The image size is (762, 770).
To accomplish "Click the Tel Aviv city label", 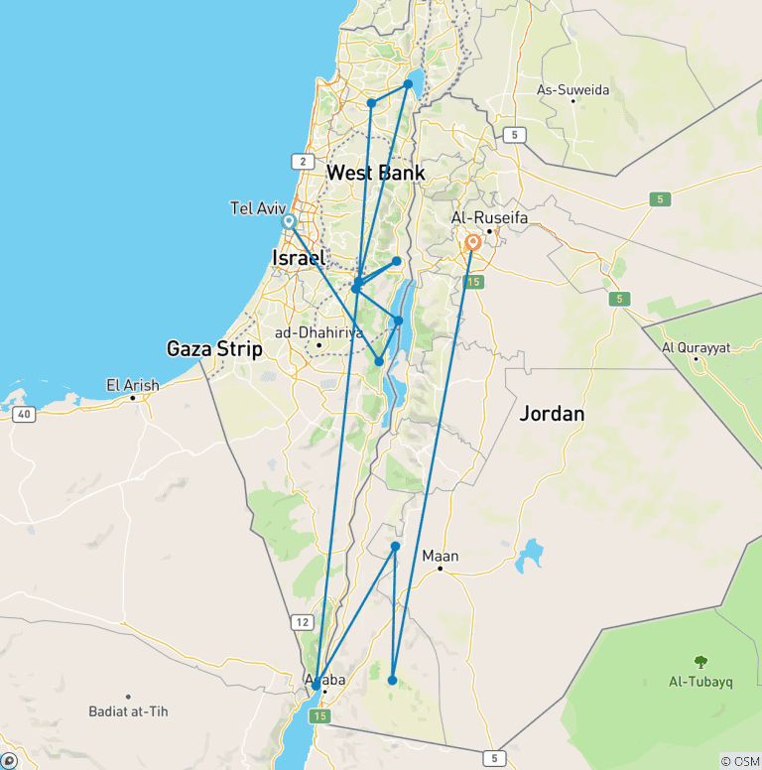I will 258,208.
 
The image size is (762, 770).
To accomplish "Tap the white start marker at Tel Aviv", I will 288,222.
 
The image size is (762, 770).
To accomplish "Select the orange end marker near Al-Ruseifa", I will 473,242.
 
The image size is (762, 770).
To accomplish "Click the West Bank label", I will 376,174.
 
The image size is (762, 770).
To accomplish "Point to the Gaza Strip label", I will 214,349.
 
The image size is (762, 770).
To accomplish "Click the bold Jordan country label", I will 552,414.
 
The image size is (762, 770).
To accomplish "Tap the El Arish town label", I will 132,385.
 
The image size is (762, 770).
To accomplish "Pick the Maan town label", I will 441,556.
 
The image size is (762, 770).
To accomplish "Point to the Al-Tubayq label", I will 701,682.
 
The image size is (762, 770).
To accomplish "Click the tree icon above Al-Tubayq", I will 701,662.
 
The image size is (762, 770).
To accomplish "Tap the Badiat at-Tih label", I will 129,710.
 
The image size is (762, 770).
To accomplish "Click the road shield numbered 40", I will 25,414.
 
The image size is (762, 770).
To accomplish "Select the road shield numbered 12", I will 302,622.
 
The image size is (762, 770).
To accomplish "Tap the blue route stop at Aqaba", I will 316,685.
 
